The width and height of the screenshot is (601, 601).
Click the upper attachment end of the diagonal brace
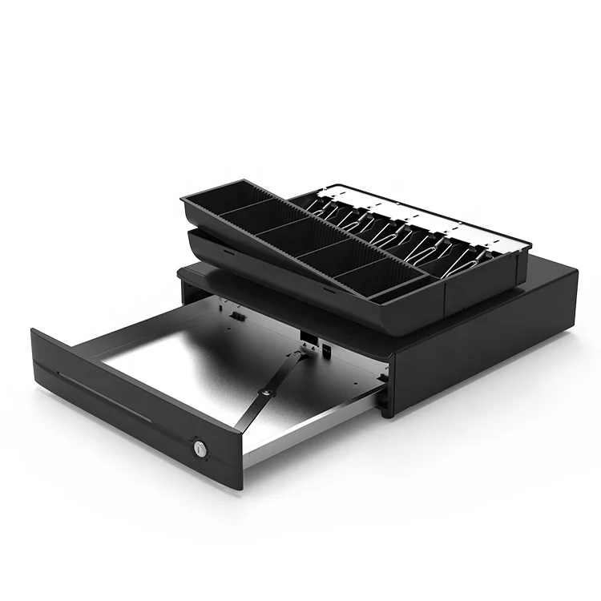[x=303, y=353]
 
